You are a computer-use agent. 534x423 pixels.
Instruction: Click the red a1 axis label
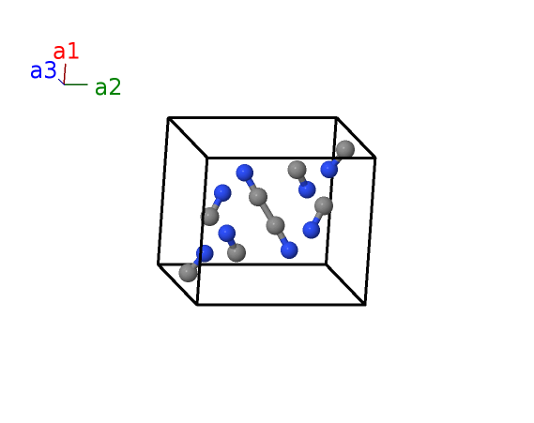(x=66, y=52)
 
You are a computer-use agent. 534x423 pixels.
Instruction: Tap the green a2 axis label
(x=108, y=87)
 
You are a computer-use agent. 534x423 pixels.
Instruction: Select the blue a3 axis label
(x=43, y=70)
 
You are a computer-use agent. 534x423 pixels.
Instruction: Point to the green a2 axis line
(x=76, y=84)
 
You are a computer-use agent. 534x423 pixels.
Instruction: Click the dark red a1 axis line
(x=65, y=74)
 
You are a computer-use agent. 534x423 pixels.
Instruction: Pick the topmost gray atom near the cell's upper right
(x=345, y=149)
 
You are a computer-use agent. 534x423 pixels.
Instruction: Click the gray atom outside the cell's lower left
(x=188, y=272)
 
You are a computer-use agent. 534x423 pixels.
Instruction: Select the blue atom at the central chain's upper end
(x=245, y=173)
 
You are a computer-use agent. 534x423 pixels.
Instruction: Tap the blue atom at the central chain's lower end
(x=289, y=250)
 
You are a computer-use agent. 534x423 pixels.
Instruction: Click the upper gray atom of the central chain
(x=258, y=197)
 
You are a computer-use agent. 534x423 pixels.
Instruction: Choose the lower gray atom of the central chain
(x=275, y=225)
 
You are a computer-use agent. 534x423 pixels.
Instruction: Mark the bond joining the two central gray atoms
(x=267, y=211)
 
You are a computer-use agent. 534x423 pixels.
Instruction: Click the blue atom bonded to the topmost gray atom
(x=329, y=169)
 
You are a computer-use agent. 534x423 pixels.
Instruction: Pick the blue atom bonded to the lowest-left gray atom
(x=205, y=253)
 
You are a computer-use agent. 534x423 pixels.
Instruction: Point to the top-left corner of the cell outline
(x=168, y=118)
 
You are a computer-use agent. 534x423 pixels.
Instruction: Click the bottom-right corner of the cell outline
(x=365, y=305)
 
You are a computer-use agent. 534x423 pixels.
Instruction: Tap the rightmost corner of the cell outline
(x=375, y=158)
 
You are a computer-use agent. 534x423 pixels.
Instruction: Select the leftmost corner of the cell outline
(x=159, y=264)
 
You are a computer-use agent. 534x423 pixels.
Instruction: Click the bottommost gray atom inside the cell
(x=236, y=252)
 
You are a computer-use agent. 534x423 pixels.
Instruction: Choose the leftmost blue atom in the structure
(x=205, y=253)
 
